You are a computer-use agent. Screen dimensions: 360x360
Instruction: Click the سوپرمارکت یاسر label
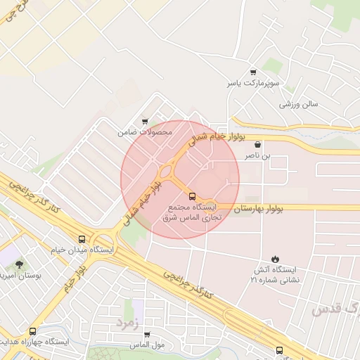coord(252,83)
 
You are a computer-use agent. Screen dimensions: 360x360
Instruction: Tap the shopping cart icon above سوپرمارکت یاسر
coord(253,72)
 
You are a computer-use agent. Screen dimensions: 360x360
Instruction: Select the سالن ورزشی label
coord(299,104)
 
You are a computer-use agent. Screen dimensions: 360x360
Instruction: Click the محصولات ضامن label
coord(144,131)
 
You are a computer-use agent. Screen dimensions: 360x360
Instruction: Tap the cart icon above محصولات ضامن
coord(145,121)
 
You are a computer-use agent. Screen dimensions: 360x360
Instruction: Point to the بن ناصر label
coord(257,155)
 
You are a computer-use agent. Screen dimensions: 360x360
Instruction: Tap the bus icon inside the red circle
coord(193,196)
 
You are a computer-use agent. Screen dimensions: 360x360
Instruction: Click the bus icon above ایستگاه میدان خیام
coord(83,239)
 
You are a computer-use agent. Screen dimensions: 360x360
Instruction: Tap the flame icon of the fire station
coord(274,259)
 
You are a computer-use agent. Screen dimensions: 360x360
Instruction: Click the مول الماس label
coord(146,346)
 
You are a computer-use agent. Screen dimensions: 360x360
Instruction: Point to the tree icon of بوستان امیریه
coord(19,264)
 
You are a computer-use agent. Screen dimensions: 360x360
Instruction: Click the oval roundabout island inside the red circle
coord(167,172)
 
